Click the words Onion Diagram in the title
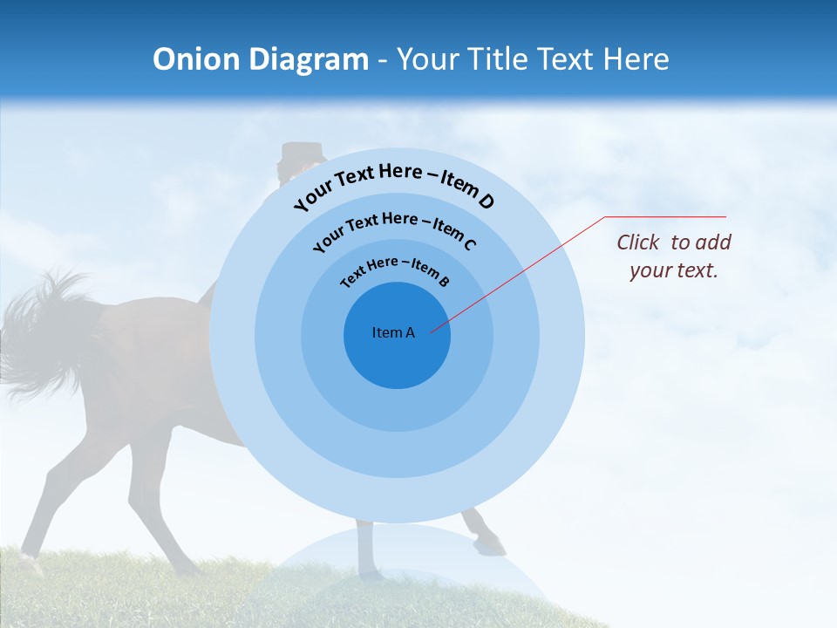[260, 59]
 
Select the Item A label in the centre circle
[393, 332]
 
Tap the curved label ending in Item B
[395, 270]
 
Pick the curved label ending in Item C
[394, 229]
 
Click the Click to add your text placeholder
[673, 256]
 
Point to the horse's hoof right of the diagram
[491, 544]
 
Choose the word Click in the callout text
[639, 242]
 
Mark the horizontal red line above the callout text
[666, 216]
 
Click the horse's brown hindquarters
[148, 349]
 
